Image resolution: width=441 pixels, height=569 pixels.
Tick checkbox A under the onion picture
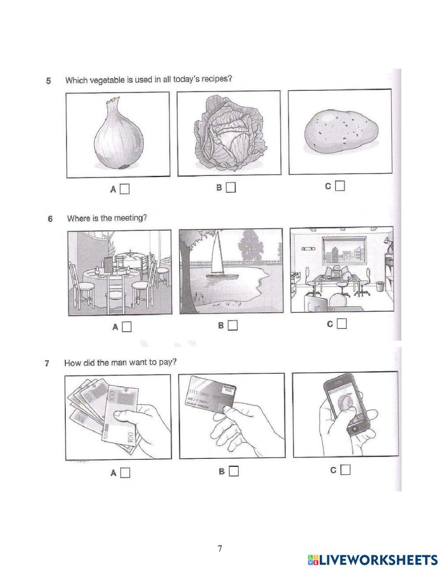125,190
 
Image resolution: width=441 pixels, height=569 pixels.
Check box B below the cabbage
231,188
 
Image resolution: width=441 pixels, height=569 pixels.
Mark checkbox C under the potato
340,186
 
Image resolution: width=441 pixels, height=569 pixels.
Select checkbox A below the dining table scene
127,327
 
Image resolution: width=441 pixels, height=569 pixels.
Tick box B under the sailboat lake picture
232,326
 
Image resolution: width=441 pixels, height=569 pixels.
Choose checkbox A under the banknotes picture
125,473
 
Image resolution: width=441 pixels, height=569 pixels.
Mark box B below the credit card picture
233,471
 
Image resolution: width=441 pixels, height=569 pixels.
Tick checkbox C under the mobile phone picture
345,470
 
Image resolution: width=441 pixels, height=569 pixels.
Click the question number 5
49,81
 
